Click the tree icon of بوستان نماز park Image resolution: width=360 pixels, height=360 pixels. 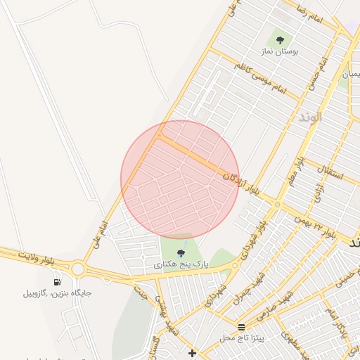281,40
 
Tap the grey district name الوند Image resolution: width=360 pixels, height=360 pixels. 310,117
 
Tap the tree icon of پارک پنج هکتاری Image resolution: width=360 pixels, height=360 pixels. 181,253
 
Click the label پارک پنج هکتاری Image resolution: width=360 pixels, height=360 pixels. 181,265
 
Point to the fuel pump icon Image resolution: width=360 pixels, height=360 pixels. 56,281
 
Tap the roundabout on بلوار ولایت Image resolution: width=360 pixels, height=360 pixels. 78,269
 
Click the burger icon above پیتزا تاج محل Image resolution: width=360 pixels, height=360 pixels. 242,327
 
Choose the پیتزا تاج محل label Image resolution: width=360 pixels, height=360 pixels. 241,338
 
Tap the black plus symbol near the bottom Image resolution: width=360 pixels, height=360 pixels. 192,352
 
